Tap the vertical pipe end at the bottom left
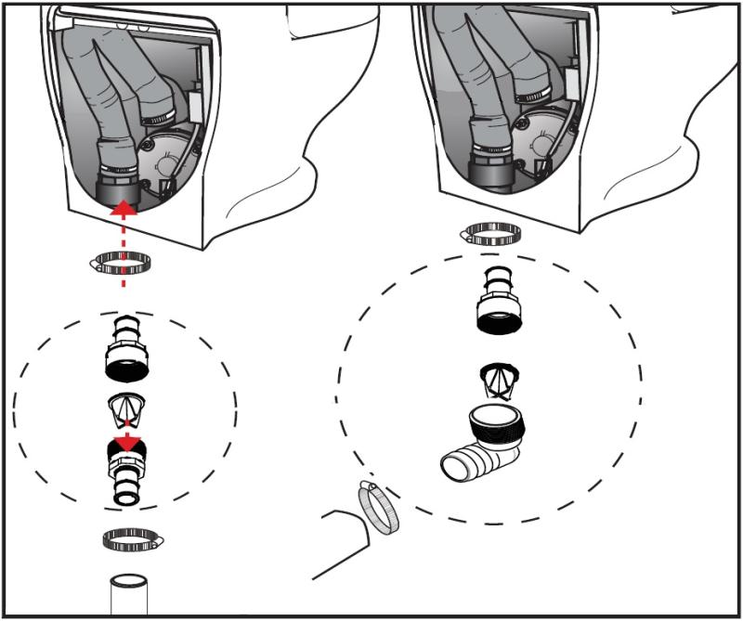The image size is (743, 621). click(x=128, y=595)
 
